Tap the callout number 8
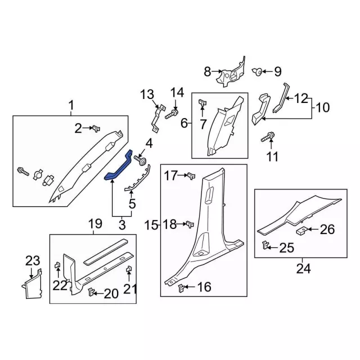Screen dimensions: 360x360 (208, 71)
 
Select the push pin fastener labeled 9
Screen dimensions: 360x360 (258, 71)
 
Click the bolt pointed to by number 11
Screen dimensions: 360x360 (268, 137)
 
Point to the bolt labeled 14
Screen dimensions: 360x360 (172, 114)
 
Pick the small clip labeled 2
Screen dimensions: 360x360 (96, 129)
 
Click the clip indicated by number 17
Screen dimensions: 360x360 (191, 175)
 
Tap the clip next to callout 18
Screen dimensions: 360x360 (190, 224)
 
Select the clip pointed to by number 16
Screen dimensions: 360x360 (181, 288)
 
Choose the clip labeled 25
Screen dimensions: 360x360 (265, 245)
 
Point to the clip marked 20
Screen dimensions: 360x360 (91, 292)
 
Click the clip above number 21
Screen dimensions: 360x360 (129, 269)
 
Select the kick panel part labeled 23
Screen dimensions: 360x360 (33, 284)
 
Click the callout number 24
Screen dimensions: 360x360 (303, 268)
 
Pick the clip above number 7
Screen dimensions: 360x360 (202, 103)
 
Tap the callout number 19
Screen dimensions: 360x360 (95, 223)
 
